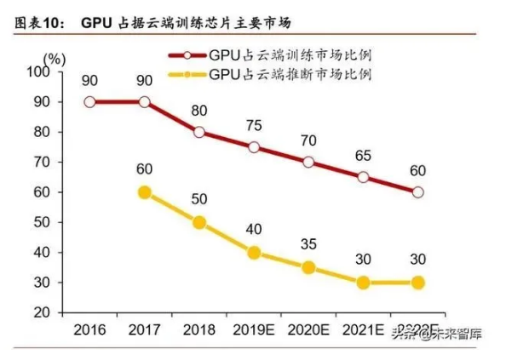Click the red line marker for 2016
90,101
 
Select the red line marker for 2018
199,132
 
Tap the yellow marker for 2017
145,192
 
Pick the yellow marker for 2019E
254,253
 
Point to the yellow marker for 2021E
363,283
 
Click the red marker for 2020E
308,162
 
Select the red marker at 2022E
417,192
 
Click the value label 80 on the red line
199,111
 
